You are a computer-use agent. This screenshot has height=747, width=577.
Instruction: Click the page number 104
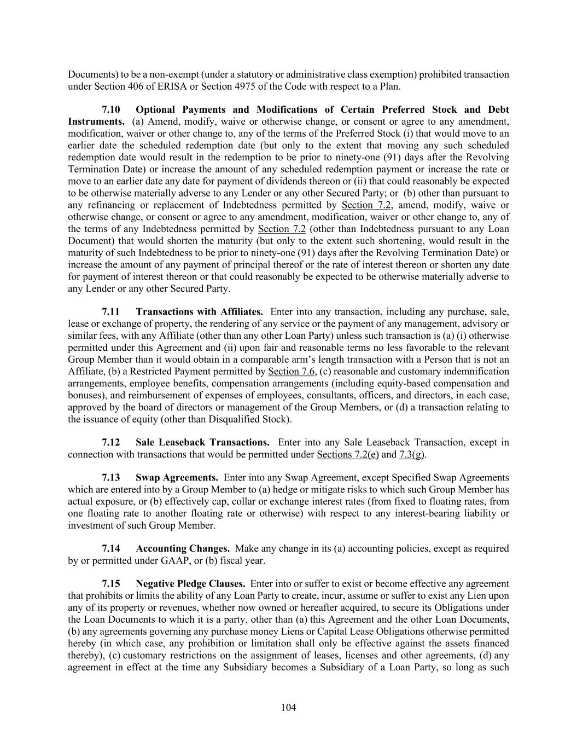pos(288,708)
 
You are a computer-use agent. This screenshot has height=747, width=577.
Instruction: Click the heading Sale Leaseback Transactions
pos(202,442)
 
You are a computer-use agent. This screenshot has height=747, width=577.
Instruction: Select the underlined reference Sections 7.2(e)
pos(347,454)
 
